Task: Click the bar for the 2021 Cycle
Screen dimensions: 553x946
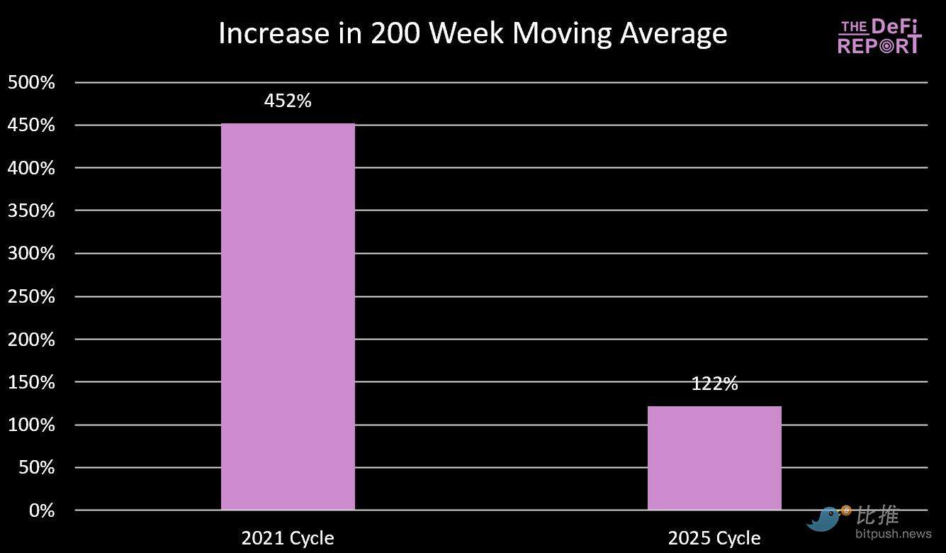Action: click(x=288, y=317)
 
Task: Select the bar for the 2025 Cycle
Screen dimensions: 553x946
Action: click(x=714, y=458)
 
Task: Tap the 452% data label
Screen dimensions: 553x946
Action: click(x=288, y=101)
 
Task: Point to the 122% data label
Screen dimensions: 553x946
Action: click(x=714, y=384)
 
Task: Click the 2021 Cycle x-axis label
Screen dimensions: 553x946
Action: click(x=288, y=537)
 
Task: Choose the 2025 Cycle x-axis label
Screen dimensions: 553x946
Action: click(x=714, y=538)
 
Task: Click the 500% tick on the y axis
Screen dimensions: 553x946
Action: click(x=31, y=82)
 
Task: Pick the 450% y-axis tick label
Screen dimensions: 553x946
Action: click(x=31, y=125)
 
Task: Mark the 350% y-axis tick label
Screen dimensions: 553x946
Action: click(x=31, y=211)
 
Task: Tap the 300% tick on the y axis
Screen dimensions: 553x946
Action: click(x=31, y=253)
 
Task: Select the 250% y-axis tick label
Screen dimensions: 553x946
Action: click(x=31, y=296)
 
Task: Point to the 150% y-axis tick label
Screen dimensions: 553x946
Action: click(x=31, y=382)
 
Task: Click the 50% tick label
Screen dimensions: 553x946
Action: click(x=35, y=468)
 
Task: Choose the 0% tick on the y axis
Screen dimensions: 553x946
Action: click(x=41, y=510)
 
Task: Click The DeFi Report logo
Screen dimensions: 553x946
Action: click(x=879, y=36)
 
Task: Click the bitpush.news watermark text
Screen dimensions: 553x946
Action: click(x=893, y=533)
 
